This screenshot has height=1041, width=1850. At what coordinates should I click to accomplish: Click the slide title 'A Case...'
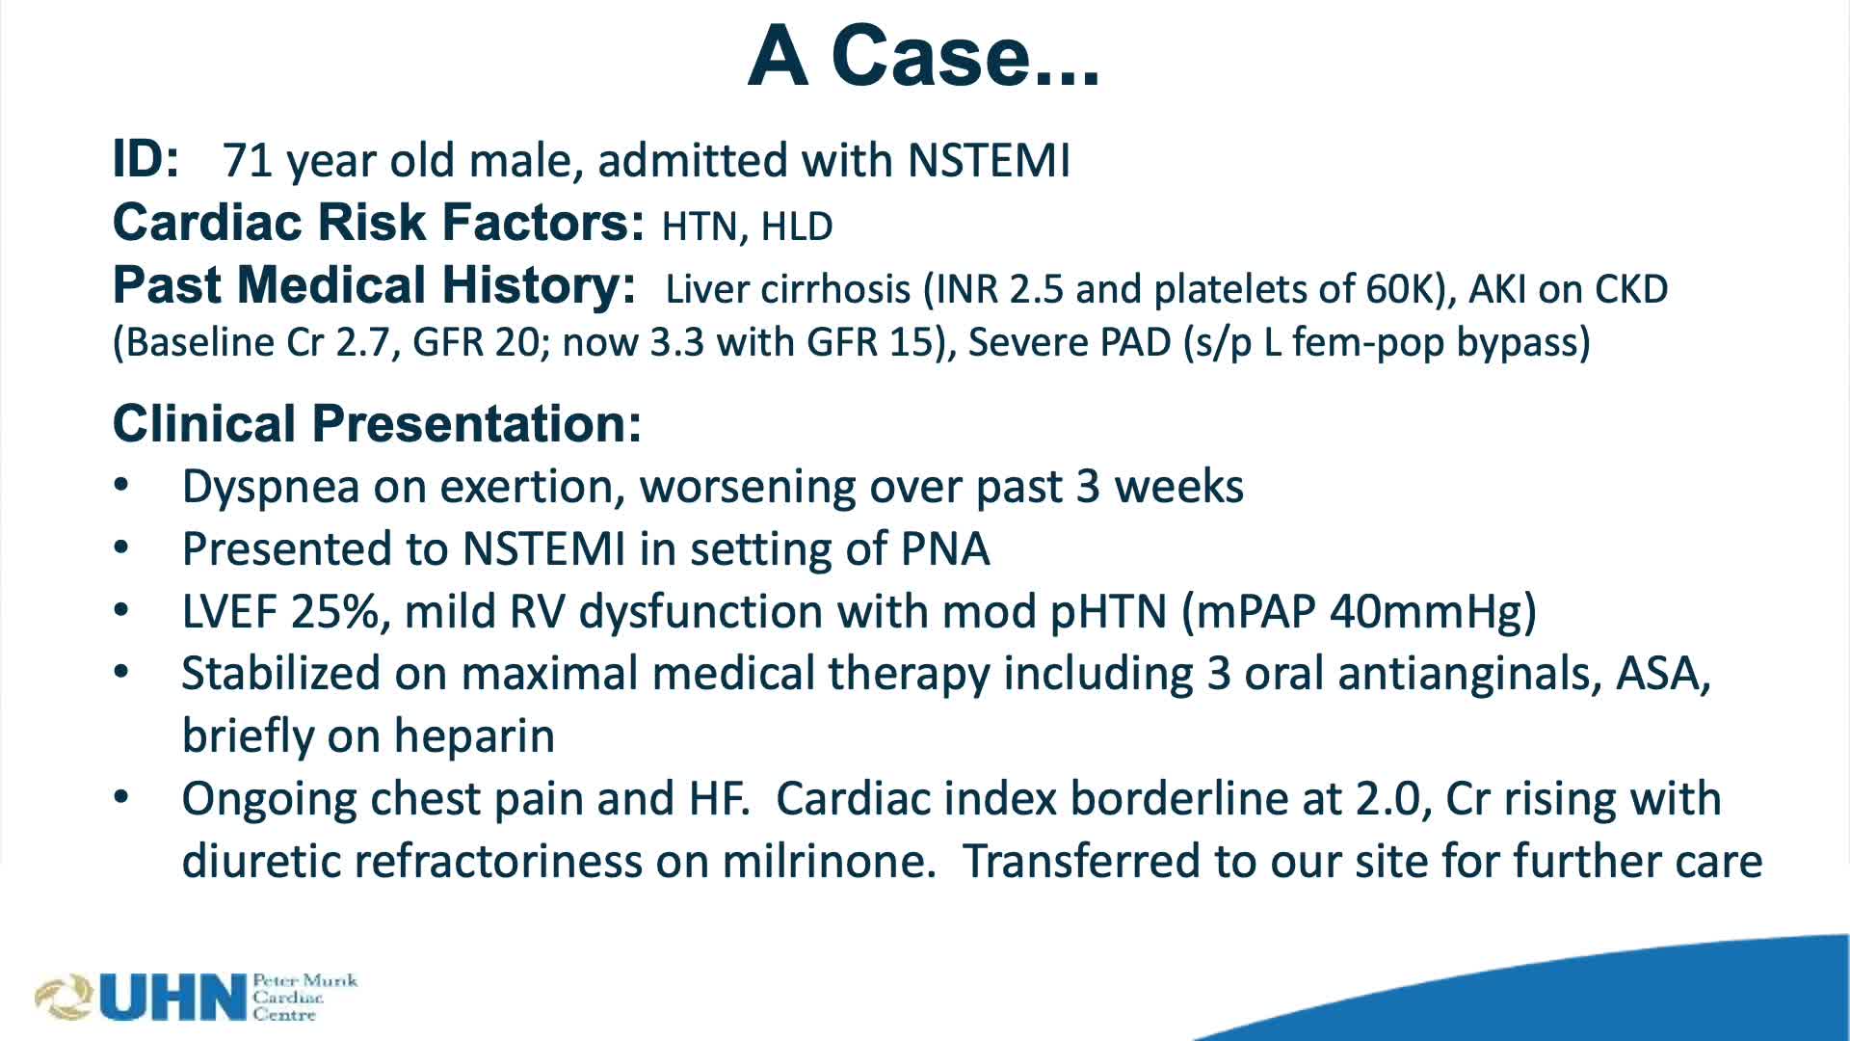tap(923, 56)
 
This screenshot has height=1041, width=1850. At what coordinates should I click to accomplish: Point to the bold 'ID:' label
tap(145, 159)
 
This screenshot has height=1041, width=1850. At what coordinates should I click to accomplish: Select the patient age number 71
tap(247, 161)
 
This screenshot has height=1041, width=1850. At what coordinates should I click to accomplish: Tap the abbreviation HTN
tap(699, 227)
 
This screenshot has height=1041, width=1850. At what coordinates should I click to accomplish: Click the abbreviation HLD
tap(797, 227)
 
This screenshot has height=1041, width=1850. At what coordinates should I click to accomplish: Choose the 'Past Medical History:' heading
tap(374, 285)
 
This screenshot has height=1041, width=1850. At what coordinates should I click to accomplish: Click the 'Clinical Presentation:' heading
tap(377, 424)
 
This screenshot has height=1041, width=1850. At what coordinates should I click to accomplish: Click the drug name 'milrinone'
tap(828, 861)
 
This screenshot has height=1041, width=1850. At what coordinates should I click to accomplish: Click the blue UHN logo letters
tap(173, 998)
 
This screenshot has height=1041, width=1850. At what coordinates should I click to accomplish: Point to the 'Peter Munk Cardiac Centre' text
tap(304, 998)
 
